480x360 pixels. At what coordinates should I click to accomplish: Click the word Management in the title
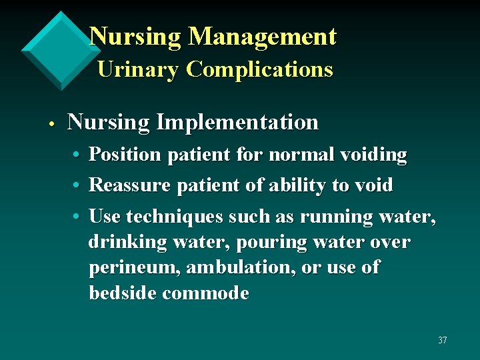[263, 37]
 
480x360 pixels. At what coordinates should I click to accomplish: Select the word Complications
[259, 69]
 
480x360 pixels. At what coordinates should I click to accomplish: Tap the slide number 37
[443, 341]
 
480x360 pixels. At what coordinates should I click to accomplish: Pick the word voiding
[373, 155]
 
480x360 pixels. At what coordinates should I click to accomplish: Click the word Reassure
[130, 185]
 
